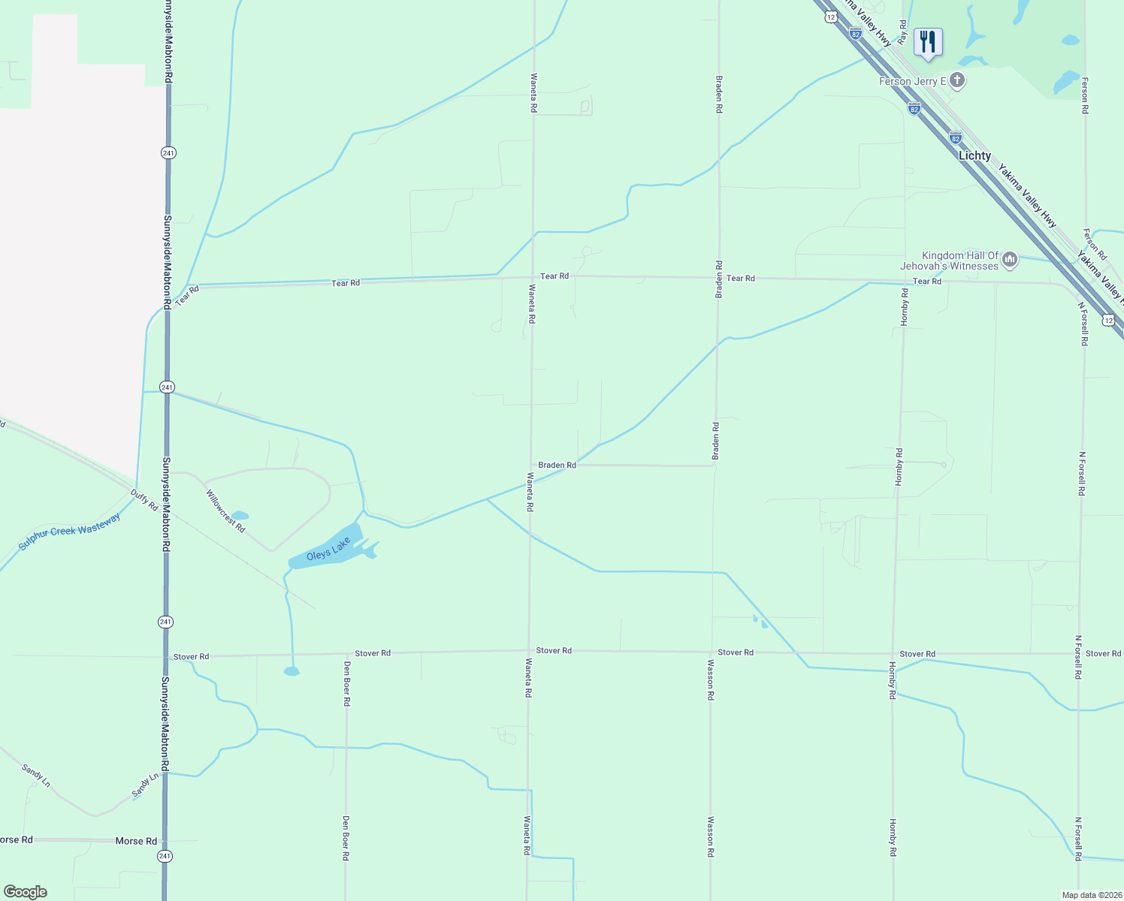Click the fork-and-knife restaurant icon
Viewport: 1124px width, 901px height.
[x=928, y=42]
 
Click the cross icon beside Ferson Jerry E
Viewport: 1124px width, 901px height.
[x=956, y=80]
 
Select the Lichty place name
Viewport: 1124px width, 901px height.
[x=974, y=155]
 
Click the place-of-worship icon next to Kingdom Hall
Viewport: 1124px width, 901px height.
[x=1010, y=260]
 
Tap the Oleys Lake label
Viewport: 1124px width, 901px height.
[x=328, y=550]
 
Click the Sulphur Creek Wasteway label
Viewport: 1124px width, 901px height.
[x=69, y=532]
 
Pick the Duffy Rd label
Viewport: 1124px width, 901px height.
[x=144, y=500]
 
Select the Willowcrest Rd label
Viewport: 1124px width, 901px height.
[x=225, y=511]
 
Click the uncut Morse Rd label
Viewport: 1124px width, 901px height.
[x=136, y=841]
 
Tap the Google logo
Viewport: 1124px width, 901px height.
[x=25, y=892]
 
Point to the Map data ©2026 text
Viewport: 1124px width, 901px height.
[x=1090, y=895]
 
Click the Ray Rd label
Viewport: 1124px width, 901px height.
[x=903, y=31]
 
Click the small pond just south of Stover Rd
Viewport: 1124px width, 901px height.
[x=292, y=671]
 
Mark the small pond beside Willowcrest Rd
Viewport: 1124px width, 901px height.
[x=240, y=516]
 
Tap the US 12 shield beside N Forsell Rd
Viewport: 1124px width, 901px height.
[x=1108, y=321]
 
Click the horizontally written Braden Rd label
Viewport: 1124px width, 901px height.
[x=557, y=466]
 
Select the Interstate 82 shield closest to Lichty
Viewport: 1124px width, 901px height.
[x=955, y=138]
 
